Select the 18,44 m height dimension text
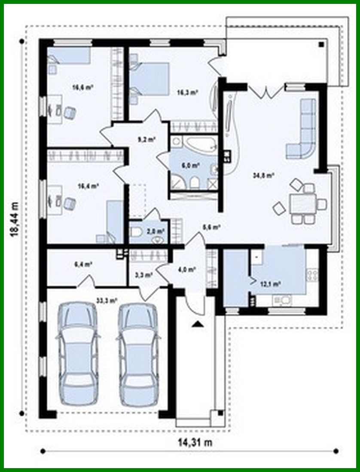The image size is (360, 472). (16, 219)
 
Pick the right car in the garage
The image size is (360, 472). (137, 354)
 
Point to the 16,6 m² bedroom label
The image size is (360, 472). (83, 87)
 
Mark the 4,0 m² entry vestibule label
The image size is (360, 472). (187, 270)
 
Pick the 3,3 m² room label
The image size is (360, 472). (146, 273)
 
